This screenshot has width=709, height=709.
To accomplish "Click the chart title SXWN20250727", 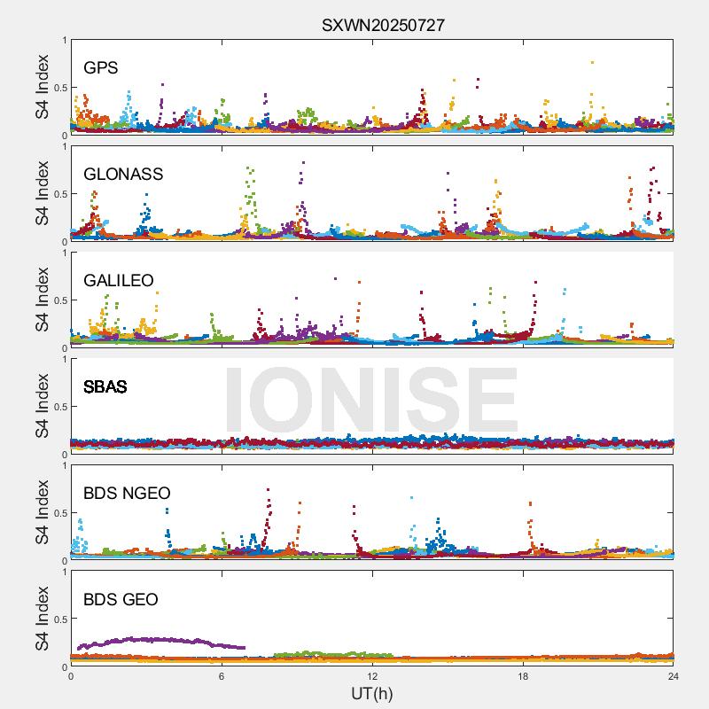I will (x=383, y=25).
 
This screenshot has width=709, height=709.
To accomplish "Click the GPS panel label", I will (x=101, y=67).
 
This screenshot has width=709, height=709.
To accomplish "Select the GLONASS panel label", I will (x=123, y=174).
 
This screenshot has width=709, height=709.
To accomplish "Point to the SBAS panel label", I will (x=105, y=386).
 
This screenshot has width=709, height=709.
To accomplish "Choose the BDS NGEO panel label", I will (x=127, y=493).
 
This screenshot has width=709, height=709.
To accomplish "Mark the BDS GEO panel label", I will (x=121, y=599).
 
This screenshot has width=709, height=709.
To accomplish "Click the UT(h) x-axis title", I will (x=371, y=693).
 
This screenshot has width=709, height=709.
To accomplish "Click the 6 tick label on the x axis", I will (x=222, y=675).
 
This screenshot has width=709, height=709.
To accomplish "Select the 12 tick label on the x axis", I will (x=372, y=675).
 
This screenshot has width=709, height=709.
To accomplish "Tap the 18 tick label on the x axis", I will (x=523, y=675).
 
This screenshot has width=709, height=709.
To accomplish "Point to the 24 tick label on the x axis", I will (x=674, y=675).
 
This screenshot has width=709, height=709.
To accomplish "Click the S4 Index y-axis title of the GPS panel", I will (x=42, y=87).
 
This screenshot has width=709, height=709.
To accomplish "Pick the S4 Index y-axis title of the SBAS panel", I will (x=42, y=406).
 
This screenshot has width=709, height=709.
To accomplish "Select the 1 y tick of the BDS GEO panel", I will (x=64, y=572).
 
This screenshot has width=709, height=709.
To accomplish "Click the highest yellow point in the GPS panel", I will (x=592, y=62).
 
